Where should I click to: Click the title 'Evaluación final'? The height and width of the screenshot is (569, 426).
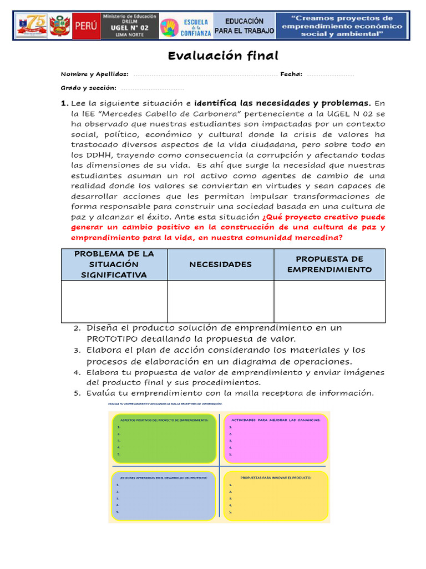coord(223,56)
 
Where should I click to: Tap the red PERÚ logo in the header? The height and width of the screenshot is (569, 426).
coord(87,26)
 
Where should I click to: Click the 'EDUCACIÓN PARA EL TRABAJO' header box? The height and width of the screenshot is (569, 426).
coord(244,26)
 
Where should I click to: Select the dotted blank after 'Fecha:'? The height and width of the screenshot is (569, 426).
coord(330,74)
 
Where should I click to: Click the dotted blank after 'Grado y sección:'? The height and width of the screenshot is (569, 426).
coord(153,88)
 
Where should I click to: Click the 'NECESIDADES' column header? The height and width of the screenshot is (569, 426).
coord(220,264)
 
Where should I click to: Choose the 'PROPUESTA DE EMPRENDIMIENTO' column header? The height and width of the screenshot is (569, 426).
coord(329,264)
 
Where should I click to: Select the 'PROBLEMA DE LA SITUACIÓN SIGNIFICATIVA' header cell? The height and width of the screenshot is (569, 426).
coord(114,264)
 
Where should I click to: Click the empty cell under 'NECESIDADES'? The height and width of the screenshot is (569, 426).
coord(220,301)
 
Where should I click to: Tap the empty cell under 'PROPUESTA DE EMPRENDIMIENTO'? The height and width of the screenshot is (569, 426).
coord(329,301)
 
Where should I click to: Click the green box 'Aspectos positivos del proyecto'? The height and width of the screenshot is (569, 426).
coord(164,438)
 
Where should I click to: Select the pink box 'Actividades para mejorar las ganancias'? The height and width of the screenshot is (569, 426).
coord(275,438)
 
